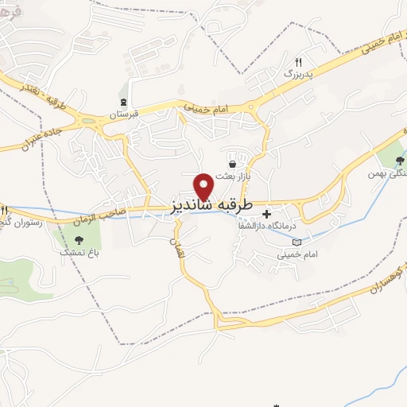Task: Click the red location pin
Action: [x=205, y=185]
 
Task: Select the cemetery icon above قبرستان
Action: [x=123, y=102]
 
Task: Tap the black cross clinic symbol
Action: [x=266, y=214]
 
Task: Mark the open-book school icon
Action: [x=297, y=242]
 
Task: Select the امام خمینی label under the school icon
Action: [x=291, y=255]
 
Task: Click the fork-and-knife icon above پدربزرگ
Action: [x=299, y=61]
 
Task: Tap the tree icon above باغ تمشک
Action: [x=78, y=238]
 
